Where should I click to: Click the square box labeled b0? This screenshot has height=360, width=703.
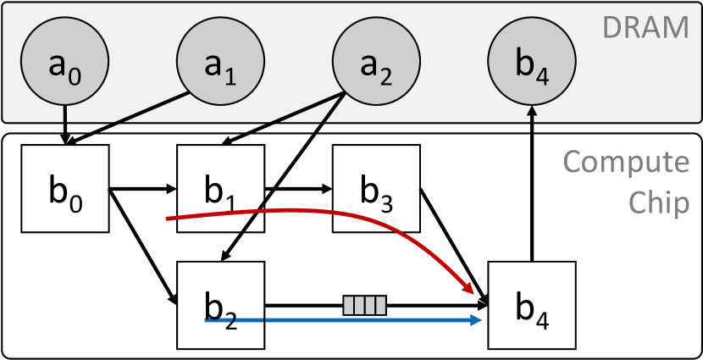tap(65, 188)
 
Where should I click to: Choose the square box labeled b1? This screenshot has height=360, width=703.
tap(220, 188)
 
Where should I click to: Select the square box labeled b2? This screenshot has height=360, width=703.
tap(220, 305)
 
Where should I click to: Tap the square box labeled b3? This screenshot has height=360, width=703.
tap(376, 188)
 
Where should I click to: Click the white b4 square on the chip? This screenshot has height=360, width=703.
tap(532, 305)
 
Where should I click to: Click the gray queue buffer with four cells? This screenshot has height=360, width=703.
tap(364, 304)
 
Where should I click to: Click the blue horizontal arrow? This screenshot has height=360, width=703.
tap(339, 321)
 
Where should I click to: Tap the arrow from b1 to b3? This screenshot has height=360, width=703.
tap(296, 188)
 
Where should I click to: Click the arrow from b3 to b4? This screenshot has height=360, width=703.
tap(453, 241)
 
